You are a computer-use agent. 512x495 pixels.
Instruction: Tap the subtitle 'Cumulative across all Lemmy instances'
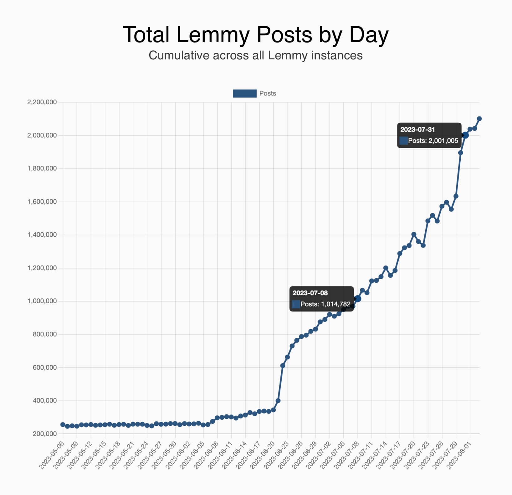(255, 55)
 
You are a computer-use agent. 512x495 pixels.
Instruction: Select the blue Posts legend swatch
(244, 93)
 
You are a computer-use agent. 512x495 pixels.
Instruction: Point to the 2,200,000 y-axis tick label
(42, 102)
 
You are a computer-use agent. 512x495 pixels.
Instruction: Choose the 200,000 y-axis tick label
(44, 434)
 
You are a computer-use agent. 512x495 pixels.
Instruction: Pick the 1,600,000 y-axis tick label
(42, 202)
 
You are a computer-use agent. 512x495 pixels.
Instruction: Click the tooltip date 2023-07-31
(417, 129)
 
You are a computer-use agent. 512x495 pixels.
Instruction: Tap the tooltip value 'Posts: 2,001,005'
(433, 141)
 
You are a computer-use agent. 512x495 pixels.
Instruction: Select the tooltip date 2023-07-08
(310, 293)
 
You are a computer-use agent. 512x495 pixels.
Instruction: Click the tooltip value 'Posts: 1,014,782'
(325, 304)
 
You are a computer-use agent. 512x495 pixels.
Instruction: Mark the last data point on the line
(479, 119)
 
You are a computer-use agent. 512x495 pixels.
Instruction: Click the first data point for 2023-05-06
(63, 425)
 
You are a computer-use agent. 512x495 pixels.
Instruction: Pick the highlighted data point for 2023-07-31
(465, 135)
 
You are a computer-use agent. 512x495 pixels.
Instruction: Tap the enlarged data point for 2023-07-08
(358, 299)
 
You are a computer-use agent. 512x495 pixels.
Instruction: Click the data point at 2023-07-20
(414, 234)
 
